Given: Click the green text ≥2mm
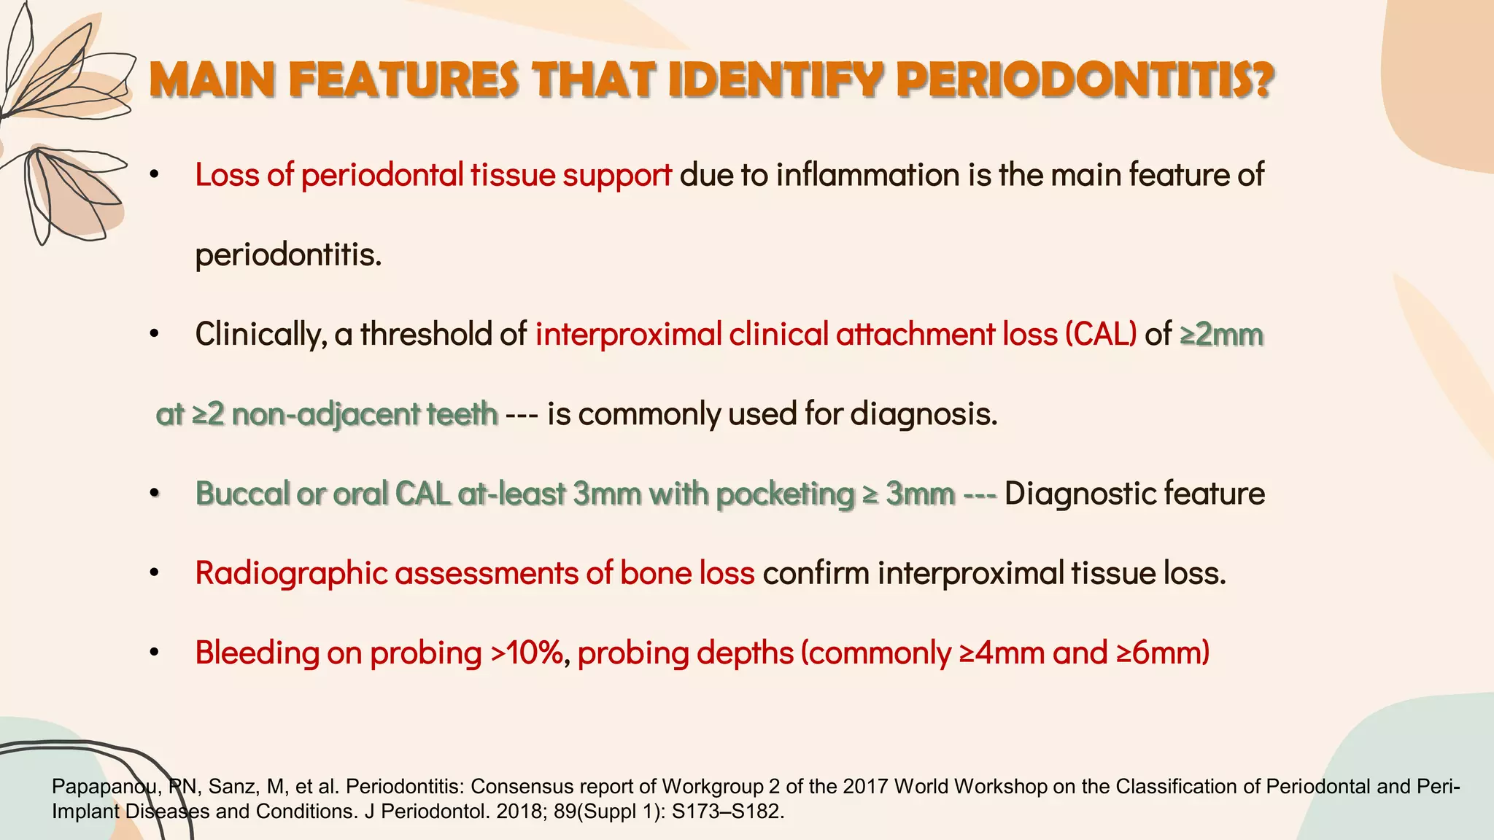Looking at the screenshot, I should coord(1221,334).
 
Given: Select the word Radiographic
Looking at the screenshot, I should coord(290,573).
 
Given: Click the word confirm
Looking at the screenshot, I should coord(816,573).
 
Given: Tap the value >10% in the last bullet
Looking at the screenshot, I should coord(526,653).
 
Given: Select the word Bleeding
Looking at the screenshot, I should coord(257,653).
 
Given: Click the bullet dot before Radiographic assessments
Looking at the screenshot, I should coord(154,574).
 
